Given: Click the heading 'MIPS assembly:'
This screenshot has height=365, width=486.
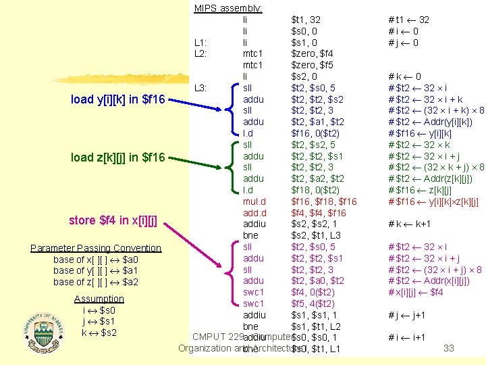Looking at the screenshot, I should click(228, 9).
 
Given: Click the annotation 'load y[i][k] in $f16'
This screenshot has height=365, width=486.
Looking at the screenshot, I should click(117, 100).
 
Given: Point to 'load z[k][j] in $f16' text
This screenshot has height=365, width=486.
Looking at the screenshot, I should click(117, 157).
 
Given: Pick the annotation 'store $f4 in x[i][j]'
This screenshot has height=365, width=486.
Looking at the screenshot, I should click(113, 220).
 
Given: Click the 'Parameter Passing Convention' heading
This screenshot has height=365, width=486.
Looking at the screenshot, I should click(96, 248).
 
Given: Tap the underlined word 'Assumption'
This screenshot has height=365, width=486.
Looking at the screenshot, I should click(99, 299).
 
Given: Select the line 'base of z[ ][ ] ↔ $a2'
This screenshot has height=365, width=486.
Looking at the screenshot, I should click(96, 282).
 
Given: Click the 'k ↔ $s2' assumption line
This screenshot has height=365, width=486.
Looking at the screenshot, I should click(99, 333).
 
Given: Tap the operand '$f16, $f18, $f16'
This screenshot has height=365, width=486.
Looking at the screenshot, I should click(323, 201).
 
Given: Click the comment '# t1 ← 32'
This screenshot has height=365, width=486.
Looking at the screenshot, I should click(410, 20).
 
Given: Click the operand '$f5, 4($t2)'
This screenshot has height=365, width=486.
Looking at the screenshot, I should click(314, 303).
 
